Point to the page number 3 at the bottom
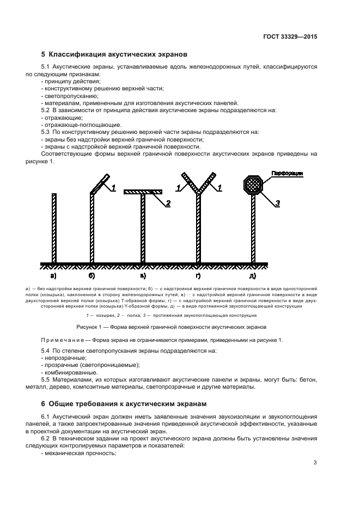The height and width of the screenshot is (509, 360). pos(315,463)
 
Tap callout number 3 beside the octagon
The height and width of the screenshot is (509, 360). pos(278,203)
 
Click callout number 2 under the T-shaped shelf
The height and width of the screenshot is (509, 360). pos(168,203)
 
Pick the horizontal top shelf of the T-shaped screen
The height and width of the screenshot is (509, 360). pos(143,192)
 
